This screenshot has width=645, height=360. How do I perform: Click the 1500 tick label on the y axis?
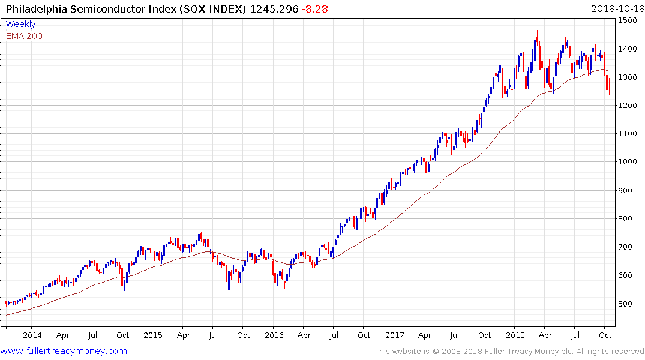(x=629, y=20)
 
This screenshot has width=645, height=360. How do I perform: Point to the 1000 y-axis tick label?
(x=629, y=162)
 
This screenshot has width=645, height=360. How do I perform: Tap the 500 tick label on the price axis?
(x=627, y=304)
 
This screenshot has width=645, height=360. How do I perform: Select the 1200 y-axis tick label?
(x=629, y=106)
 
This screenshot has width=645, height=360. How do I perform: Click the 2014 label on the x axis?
(x=32, y=335)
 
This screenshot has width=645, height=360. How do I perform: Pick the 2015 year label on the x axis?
(x=153, y=335)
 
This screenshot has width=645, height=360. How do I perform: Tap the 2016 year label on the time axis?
(x=274, y=335)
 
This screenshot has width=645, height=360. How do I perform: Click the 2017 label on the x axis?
(x=394, y=335)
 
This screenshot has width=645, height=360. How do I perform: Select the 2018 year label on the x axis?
(x=515, y=335)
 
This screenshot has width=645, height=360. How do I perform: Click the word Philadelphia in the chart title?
(x=37, y=9)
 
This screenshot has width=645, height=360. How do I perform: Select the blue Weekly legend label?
(x=20, y=24)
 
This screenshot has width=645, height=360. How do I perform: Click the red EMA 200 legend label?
(x=24, y=35)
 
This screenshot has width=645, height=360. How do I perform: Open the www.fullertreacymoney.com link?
(x=64, y=351)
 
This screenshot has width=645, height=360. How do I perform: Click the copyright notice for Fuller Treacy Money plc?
(x=509, y=352)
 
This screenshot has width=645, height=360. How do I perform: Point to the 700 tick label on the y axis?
(x=627, y=247)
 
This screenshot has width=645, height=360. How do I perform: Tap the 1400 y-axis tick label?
(x=629, y=49)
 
